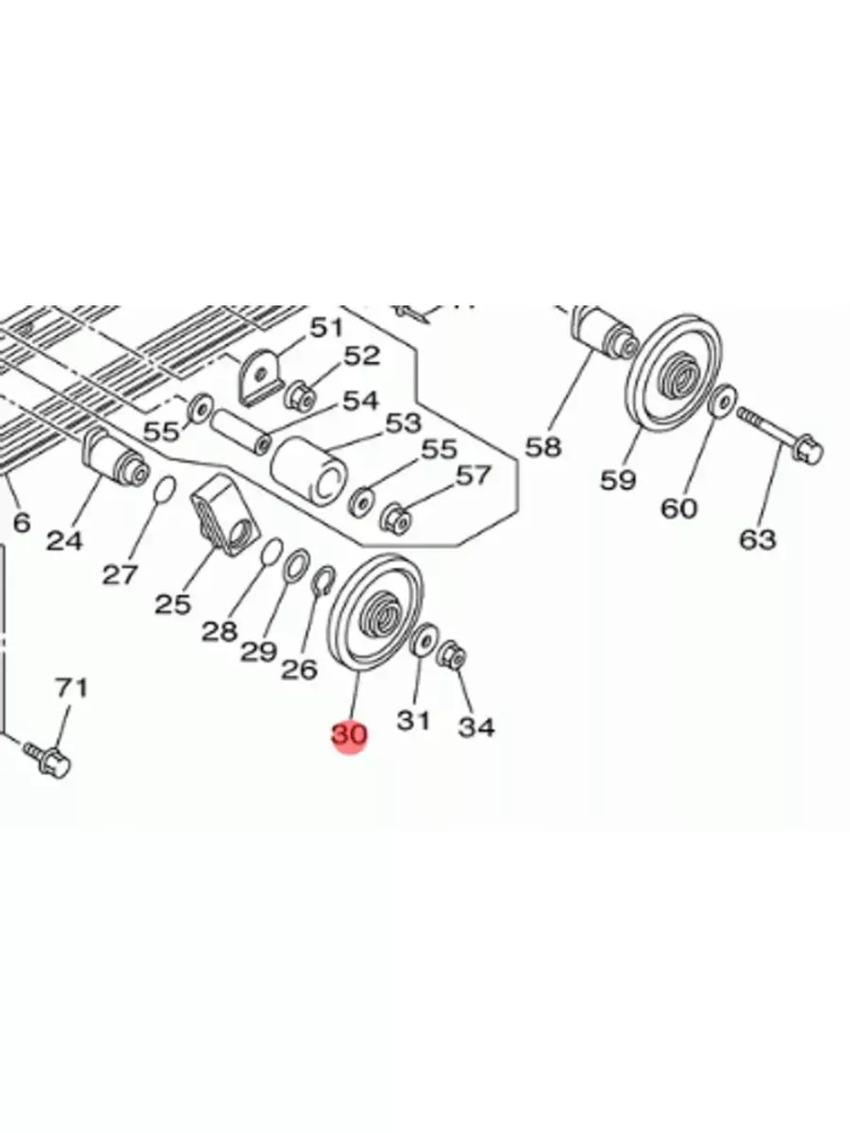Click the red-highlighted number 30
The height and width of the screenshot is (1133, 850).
[x=348, y=734]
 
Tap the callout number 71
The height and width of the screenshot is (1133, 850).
[x=71, y=687]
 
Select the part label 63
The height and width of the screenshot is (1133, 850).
[x=757, y=539]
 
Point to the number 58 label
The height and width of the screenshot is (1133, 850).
[x=544, y=446]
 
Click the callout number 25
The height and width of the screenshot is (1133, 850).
[x=173, y=603]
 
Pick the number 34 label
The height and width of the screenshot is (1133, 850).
[x=476, y=727]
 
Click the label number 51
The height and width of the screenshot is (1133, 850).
[x=325, y=327]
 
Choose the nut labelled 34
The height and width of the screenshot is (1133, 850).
[x=453, y=656]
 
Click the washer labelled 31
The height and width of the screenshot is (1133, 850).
[x=423, y=639]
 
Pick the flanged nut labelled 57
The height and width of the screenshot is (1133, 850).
[x=396, y=515]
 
